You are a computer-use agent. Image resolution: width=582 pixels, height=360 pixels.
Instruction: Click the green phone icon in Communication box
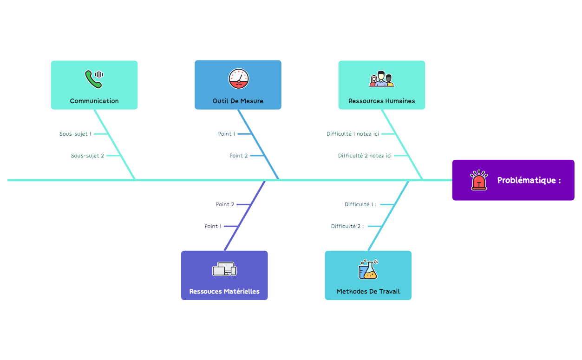[x=93, y=79]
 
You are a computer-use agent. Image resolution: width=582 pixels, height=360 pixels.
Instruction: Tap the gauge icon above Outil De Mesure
[x=239, y=79]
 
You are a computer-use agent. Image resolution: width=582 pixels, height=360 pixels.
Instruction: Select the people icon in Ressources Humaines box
[x=381, y=79]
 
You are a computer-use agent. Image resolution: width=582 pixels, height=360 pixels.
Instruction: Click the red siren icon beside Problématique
[x=478, y=180]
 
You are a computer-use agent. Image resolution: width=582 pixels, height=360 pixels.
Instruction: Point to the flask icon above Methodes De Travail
[x=368, y=269]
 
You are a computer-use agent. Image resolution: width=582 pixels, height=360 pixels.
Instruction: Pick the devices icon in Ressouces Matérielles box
[x=224, y=269]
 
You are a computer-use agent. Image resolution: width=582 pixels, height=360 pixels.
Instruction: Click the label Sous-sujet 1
[x=75, y=134]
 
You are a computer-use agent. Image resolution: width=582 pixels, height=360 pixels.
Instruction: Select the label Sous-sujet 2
[x=87, y=156]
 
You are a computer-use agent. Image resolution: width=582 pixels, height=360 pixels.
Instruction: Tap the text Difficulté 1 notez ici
[x=353, y=134]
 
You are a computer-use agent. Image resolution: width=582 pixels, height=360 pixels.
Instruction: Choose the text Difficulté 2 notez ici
[x=365, y=156]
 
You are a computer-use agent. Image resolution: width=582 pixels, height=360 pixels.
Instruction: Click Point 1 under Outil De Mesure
[x=227, y=134]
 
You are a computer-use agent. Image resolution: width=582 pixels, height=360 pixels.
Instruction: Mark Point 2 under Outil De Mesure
[x=239, y=156]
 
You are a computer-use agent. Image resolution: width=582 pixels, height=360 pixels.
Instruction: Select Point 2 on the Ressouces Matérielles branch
[x=225, y=204]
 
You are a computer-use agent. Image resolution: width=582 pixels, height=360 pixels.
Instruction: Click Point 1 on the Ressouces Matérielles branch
[x=213, y=226]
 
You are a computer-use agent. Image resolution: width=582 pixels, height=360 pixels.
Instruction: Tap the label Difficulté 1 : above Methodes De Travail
[x=360, y=204]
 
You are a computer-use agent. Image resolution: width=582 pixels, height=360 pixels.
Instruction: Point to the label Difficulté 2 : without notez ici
[x=347, y=226]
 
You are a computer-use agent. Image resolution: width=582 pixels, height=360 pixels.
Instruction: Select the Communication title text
[x=94, y=101]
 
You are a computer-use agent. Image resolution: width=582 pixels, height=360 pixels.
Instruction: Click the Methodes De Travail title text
[x=368, y=292]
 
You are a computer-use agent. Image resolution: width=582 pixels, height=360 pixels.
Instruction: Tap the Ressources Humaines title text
[x=382, y=101]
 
